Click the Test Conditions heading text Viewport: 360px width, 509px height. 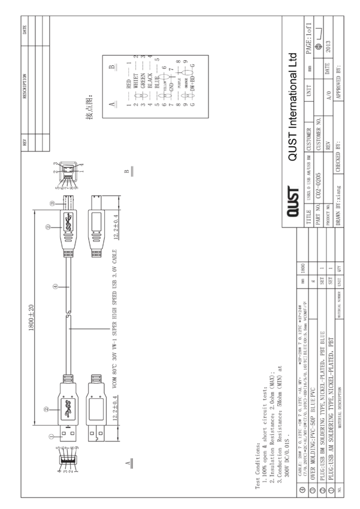(x=257, y=455)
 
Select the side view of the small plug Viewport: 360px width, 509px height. (x=96, y=228)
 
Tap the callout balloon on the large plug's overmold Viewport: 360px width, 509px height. (x=47, y=411)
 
